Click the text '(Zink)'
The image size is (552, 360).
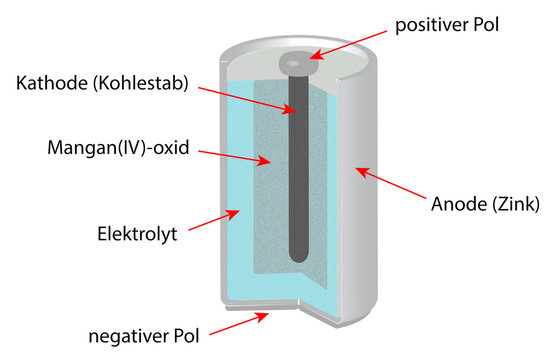pos(513,203)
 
